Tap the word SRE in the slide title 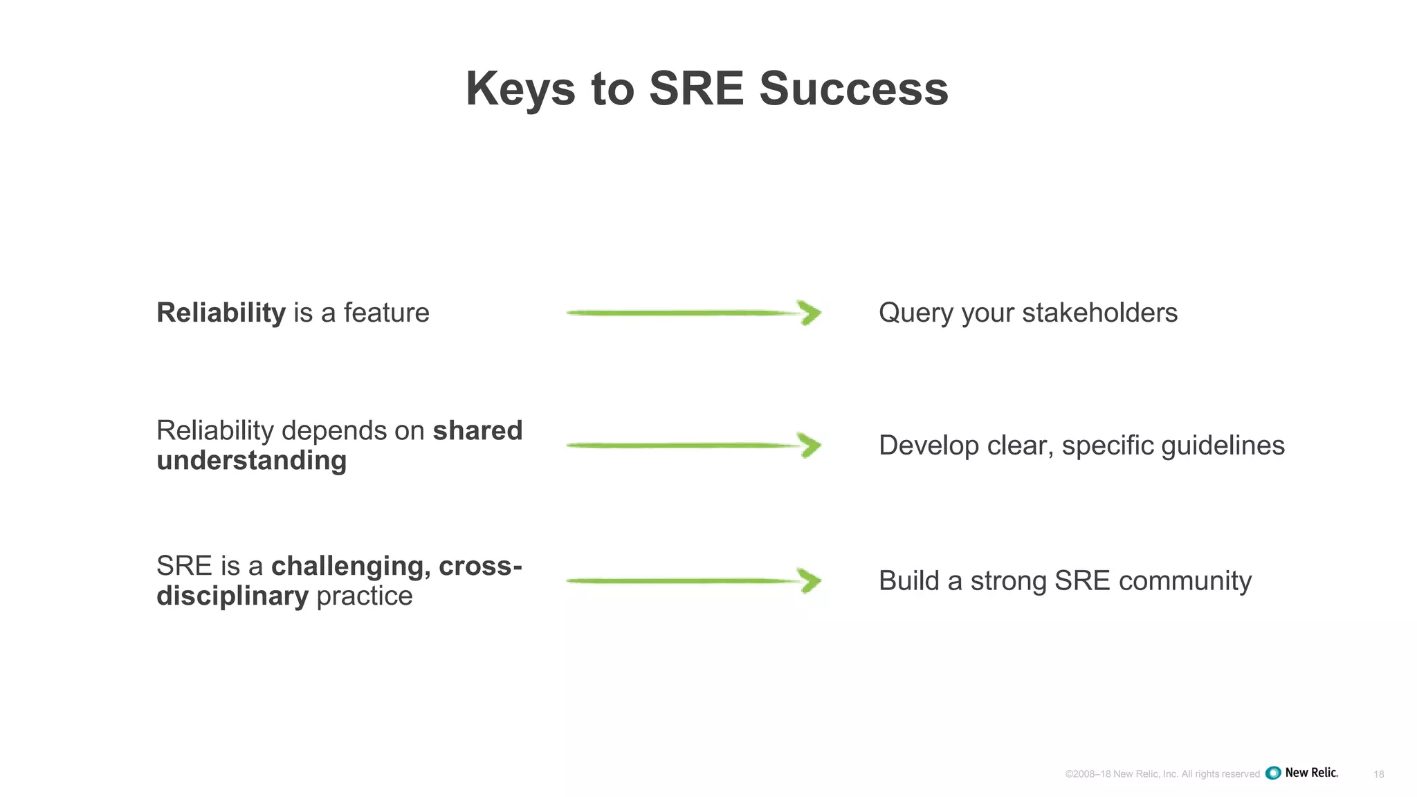pos(696,89)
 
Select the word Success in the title pos(853,89)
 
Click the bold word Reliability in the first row pos(221,313)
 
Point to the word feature pos(386,313)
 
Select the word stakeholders pos(1099,313)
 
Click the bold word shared pos(477,430)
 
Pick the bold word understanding pos(251,461)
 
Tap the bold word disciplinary pos(232,596)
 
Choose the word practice pos(364,596)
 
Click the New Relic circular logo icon pos(1273,773)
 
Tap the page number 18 pos(1378,774)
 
